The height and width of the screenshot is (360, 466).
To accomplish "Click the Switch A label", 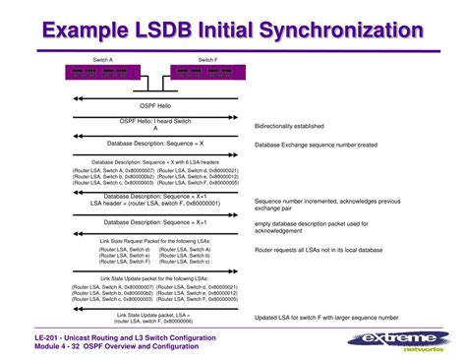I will (103, 59).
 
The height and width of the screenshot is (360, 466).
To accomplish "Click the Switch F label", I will (207, 59).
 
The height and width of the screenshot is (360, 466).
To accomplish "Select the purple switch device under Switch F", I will (203, 72).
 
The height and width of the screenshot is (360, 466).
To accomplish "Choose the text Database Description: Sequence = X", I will (155, 145).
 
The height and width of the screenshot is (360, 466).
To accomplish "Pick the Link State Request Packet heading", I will (155, 241).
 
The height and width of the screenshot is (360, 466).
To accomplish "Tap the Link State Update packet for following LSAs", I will (155, 279).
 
